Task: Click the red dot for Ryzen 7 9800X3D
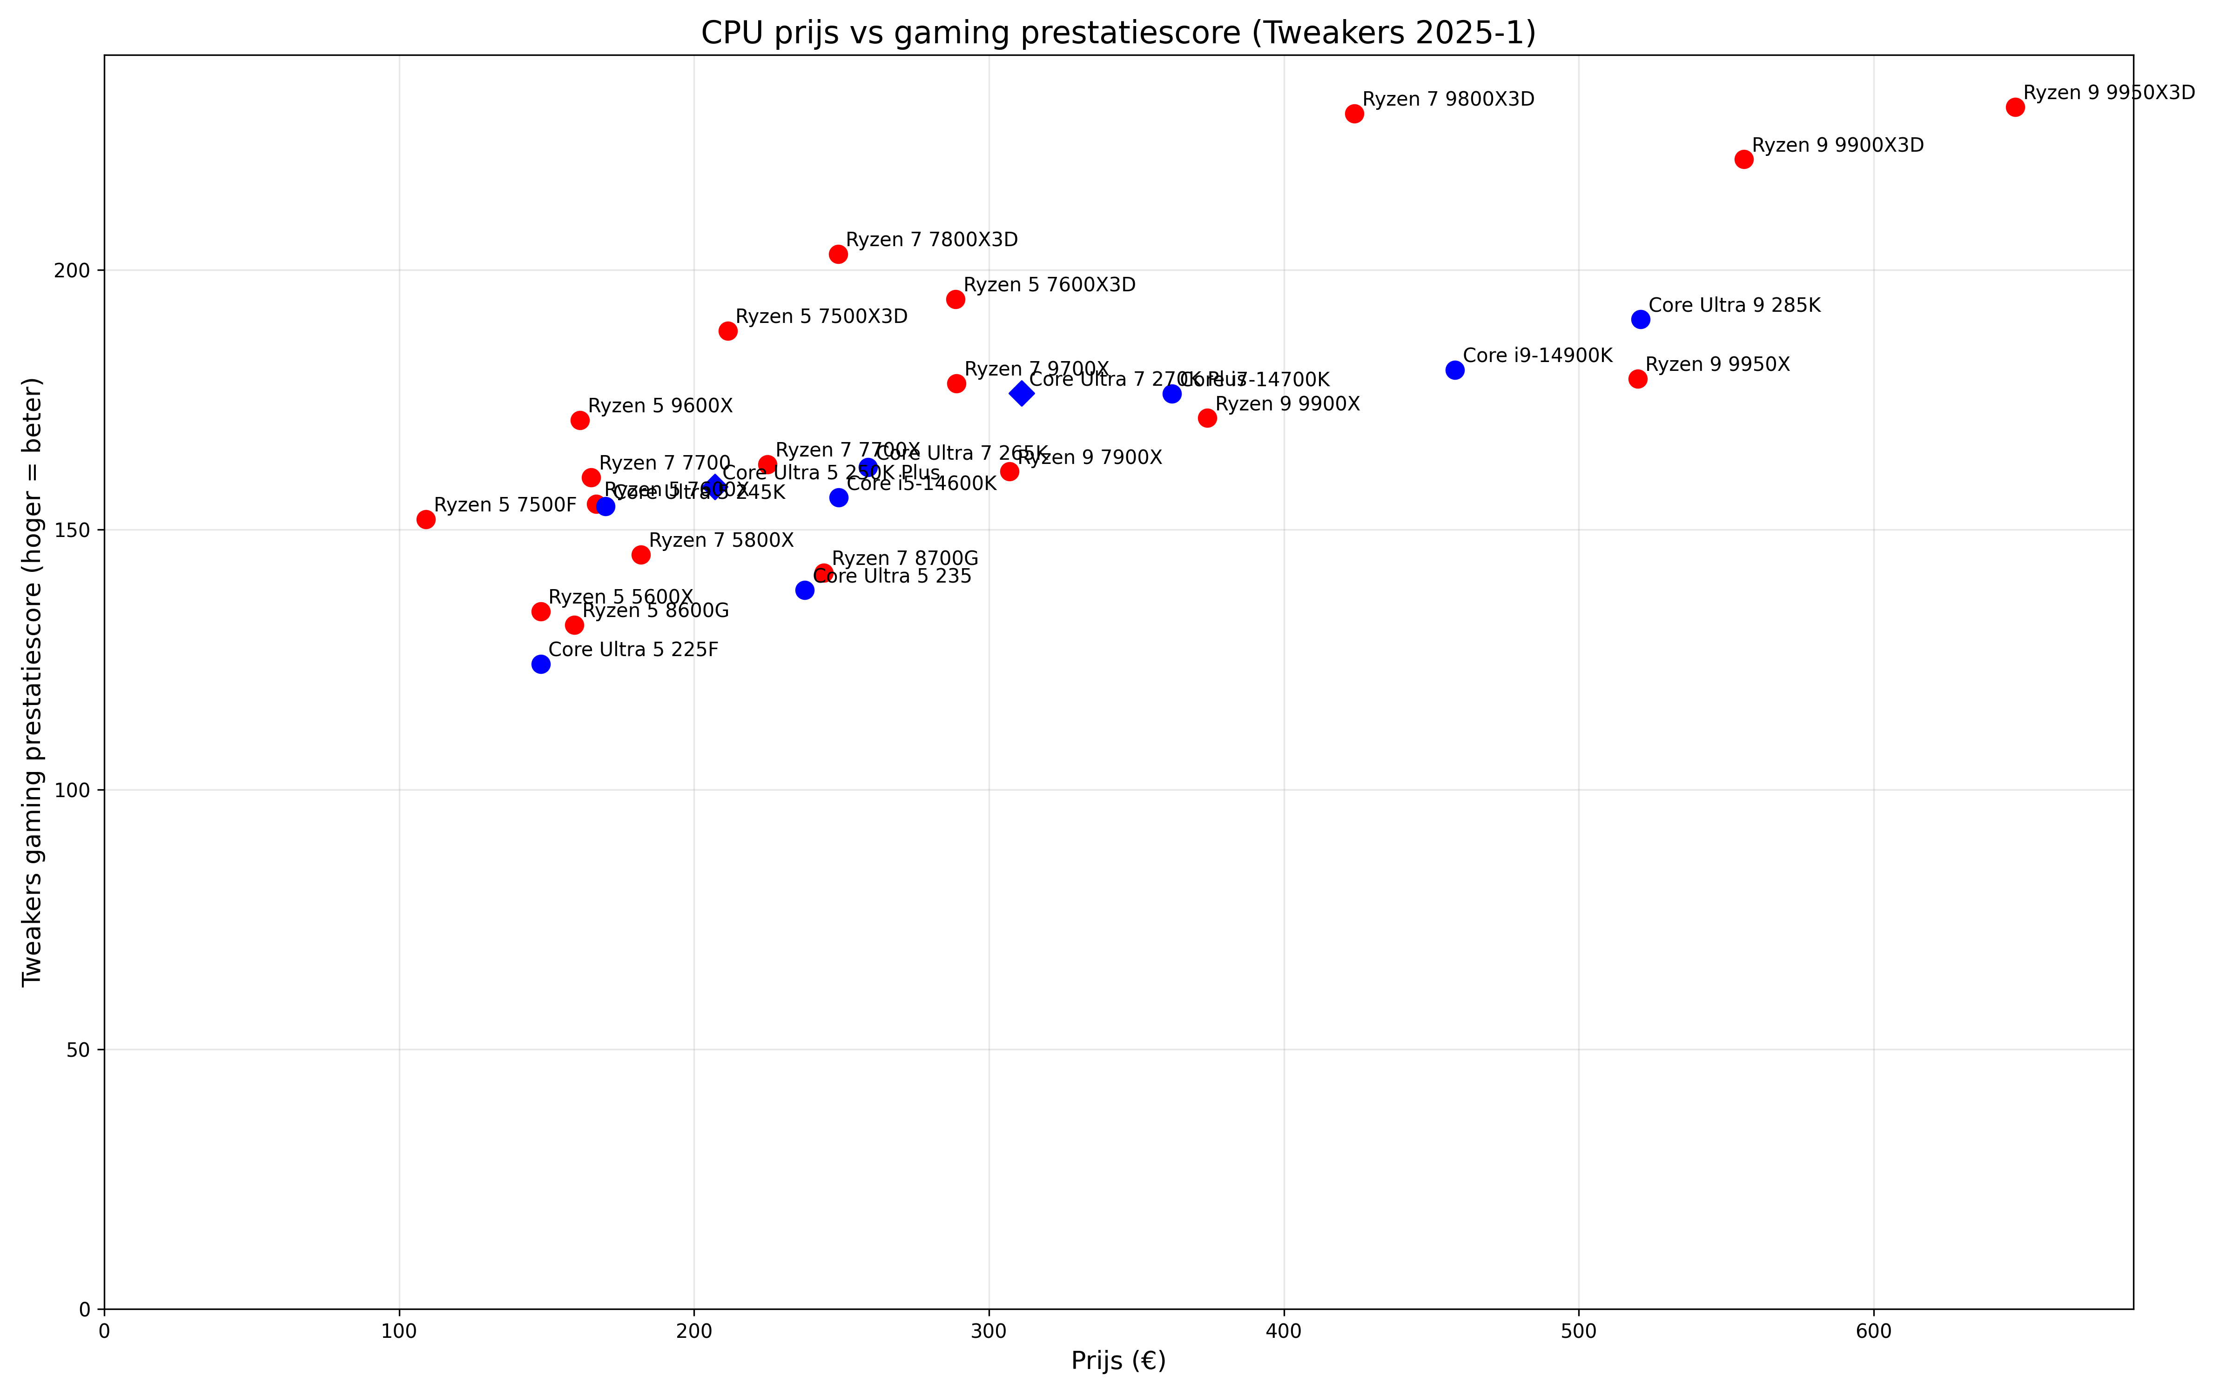[1354, 114]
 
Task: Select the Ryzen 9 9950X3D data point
[2015, 107]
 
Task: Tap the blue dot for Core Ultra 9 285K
[1641, 320]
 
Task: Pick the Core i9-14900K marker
[1455, 370]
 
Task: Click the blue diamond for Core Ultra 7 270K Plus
[1021, 393]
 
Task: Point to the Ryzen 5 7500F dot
[425, 520]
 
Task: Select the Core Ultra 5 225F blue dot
[541, 665]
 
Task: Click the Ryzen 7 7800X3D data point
[838, 254]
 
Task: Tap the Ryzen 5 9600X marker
[580, 420]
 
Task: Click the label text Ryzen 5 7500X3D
[821, 317]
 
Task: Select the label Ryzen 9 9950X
[1717, 365]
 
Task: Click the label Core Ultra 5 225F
[633, 650]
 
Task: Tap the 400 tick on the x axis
[1283, 1331]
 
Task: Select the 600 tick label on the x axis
[1873, 1331]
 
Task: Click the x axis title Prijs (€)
[1118, 1361]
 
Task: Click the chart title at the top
[1118, 33]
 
